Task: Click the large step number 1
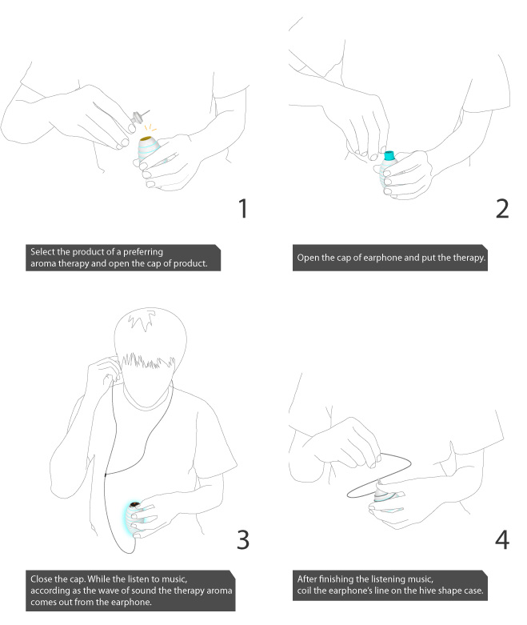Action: click(243, 208)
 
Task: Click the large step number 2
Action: click(502, 208)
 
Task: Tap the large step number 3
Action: click(243, 539)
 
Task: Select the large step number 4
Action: click(502, 540)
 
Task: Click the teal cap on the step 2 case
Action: click(389, 155)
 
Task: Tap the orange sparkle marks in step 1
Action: click(150, 128)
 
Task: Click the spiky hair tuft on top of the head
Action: click(141, 321)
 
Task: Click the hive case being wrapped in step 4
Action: click(383, 498)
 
